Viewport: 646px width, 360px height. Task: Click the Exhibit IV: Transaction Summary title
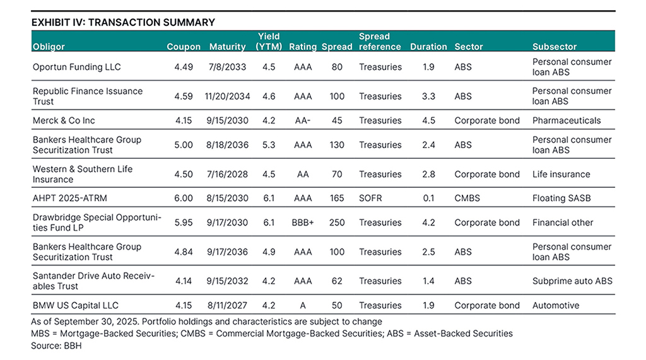click(123, 22)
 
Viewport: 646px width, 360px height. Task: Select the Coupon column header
click(184, 47)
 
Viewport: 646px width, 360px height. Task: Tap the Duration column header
click(428, 47)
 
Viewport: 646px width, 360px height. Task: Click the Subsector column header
click(555, 47)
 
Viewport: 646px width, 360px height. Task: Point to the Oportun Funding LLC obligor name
click(77, 67)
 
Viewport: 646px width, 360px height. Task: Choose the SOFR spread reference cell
click(370, 198)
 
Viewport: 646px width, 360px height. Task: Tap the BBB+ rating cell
click(302, 223)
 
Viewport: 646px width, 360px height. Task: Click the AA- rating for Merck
click(302, 120)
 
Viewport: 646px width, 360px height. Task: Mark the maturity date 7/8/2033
click(227, 67)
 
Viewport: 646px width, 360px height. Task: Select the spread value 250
click(337, 223)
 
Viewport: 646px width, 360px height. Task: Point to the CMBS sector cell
click(467, 198)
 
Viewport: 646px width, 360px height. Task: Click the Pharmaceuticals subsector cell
click(567, 120)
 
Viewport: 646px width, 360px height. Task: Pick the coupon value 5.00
click(184, 145)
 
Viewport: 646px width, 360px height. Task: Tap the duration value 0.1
click(428, 198)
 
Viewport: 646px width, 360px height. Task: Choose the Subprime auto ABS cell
click(572, 281)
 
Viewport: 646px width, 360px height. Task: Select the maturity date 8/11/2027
click(227, 305)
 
